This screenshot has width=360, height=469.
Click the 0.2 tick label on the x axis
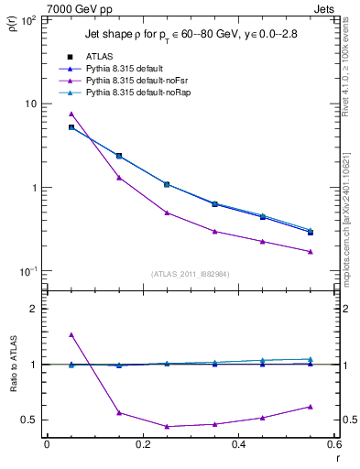coord(142,444)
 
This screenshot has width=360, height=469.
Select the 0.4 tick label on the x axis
coord(238,444)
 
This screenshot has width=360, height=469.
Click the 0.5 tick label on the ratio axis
coord(31,420)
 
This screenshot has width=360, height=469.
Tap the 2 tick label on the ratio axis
coord(35,309)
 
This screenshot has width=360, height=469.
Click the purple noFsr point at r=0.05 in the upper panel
coord(71,114)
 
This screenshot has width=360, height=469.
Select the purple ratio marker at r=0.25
coord(167,426)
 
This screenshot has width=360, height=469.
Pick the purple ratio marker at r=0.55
coord(311,406)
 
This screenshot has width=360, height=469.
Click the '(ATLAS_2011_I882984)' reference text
coord(190,273)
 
